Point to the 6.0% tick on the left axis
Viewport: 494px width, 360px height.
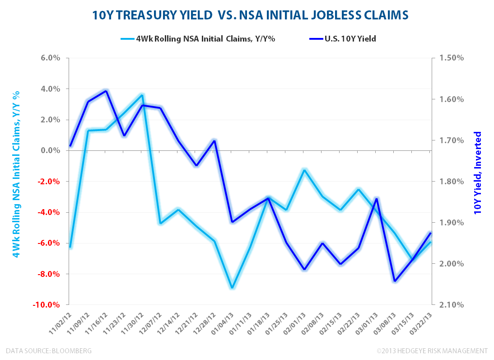click(51, 58)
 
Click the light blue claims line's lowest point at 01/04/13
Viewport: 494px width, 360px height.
click(233, 287)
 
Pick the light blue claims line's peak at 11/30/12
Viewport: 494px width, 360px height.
click(142, 95)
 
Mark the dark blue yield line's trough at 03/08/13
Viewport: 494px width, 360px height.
click(395, 282)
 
